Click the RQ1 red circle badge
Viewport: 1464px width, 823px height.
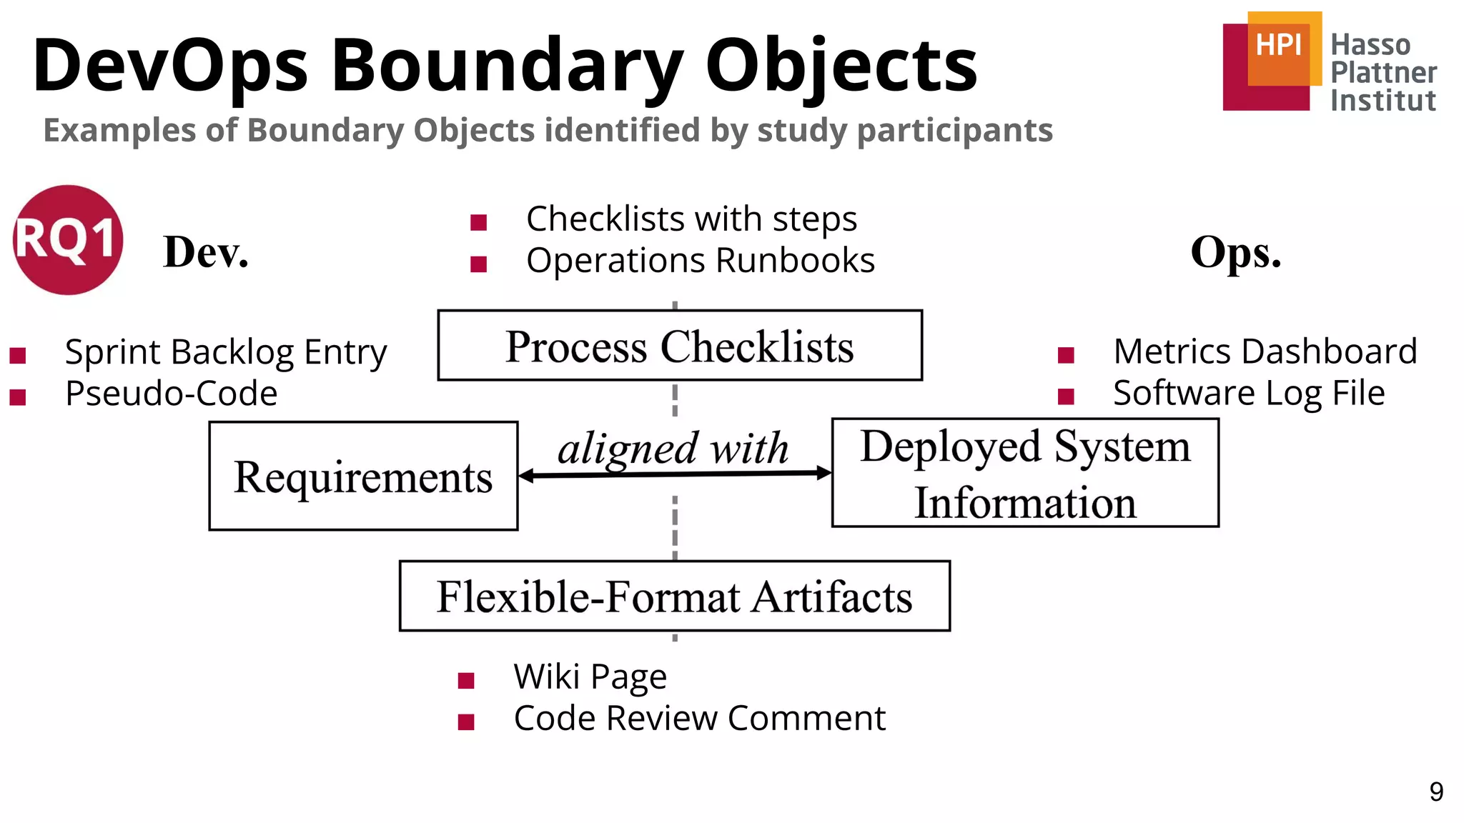(69, 240)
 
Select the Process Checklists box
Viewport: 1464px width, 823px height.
(680, 346)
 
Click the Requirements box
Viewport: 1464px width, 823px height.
(363, 477)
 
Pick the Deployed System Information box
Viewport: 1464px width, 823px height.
(1025, 473)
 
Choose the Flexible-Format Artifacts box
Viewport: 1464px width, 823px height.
(674, 597)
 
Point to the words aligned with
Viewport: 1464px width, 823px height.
(673, 449)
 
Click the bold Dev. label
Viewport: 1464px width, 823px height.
(206, 252)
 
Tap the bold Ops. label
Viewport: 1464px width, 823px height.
(1235, 252)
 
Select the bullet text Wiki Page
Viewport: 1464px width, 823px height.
(590, 676)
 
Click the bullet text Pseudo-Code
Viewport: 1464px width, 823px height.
(171, 394)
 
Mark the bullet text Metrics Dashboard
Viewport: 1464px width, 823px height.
(1265, 351)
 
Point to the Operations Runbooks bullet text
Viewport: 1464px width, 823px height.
(700, 261)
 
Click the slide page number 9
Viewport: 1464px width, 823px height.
(1435, 792)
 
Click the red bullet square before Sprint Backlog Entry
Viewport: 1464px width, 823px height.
(18, 355)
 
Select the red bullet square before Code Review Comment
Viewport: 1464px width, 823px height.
(466, 722)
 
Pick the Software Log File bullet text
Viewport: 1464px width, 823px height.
(1248, 394)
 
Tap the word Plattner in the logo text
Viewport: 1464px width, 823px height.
(1383, 72)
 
